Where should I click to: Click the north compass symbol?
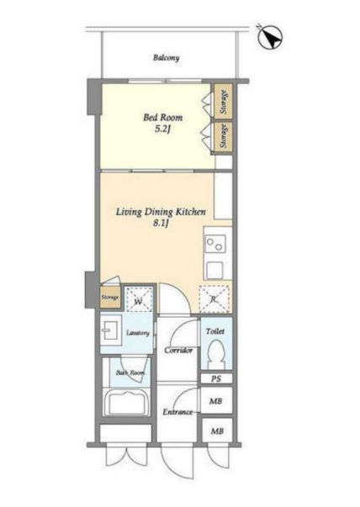point(270,38)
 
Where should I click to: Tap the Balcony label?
point(167,58)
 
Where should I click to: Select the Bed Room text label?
point(162,117)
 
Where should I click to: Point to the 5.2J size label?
point(162,129)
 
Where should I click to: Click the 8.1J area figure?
point(161,224)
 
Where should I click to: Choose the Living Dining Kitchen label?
point(161,212)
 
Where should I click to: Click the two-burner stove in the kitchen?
point(214,245)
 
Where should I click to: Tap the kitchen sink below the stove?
point(214,270)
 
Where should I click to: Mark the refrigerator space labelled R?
point(214,299)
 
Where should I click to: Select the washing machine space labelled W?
point(139,299)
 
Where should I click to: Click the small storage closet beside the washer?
point(110,297)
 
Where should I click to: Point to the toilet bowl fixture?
point(215,354)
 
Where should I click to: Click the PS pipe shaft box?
point(216,378)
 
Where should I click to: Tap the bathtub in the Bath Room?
point(126,402)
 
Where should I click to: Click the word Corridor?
point(178,350)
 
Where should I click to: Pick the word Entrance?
point(177,412)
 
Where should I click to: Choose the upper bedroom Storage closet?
point(223,101)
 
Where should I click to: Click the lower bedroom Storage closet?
point(223,137)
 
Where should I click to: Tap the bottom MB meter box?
point(217,430)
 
